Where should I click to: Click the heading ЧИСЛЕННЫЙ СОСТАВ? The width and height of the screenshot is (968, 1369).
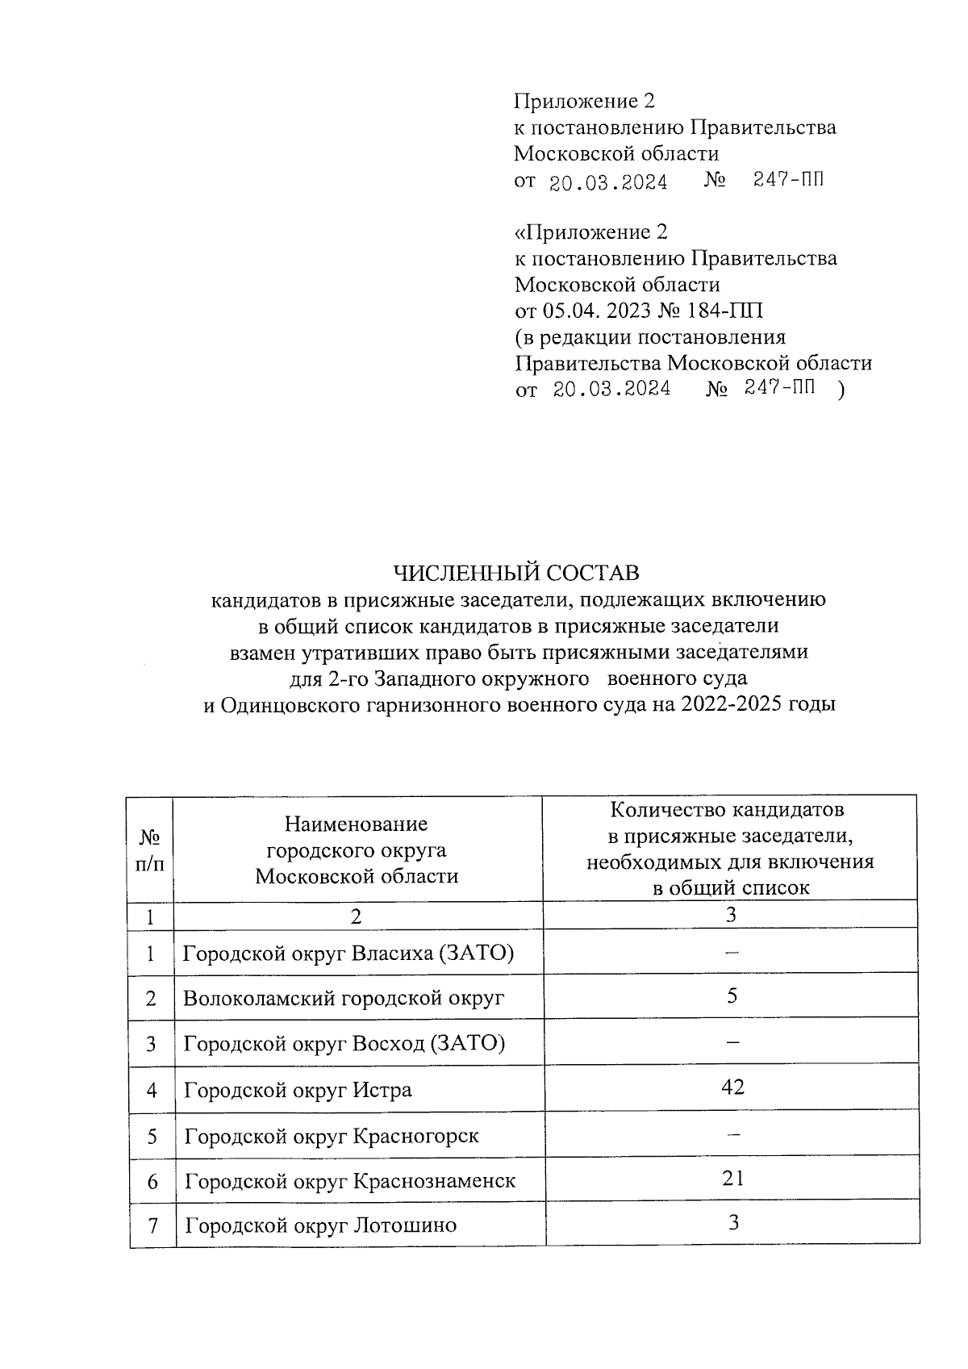pyautogui.click(x=515, y=573)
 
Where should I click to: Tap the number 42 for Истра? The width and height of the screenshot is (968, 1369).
pyautogui.click(x=732, y=1087)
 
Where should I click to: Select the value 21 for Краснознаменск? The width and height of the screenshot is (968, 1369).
pyautogui.click(x=732, y=1179)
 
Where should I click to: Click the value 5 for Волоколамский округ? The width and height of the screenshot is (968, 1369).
pyautogui.click(x=732, y=995)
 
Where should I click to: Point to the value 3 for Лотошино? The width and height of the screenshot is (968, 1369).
pyautogui.click(x=733, y=1223)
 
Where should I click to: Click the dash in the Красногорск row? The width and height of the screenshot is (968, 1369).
pyautogui.click(x=732, y=1133)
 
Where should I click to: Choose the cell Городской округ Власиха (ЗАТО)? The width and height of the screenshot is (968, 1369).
pyautogui.click(x=348, y=954)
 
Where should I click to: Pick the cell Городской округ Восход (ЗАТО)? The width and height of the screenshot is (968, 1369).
pyautogui.click(x=344, y=1044)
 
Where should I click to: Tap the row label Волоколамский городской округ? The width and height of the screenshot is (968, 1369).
pyautogui.click(x=344, y=999)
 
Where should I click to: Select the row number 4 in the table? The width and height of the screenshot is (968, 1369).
pyautogui.click(x=152, y=1091)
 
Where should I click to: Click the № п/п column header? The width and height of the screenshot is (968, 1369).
pyautogui.click(x=150, y=850)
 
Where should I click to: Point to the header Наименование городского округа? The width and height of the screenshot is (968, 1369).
pyautogui.click(x=357, y=850)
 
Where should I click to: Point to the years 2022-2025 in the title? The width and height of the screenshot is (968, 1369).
pyautogui.click(x=731, y=705)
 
